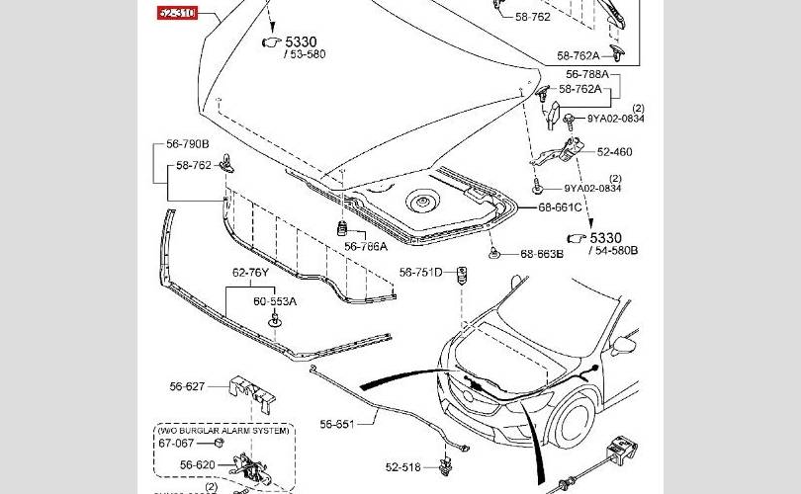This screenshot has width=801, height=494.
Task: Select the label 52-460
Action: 614,152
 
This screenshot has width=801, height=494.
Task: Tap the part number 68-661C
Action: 560,208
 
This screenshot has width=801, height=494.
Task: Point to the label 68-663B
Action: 542,254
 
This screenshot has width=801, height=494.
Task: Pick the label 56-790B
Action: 187,144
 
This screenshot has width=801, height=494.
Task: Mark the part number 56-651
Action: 336,424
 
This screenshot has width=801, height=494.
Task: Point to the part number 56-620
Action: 197,465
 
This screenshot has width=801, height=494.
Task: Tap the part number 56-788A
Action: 586,74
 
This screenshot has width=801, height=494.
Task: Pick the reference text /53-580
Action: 304,55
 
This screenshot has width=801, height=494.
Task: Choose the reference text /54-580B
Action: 614,250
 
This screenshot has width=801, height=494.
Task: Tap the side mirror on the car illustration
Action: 623,346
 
